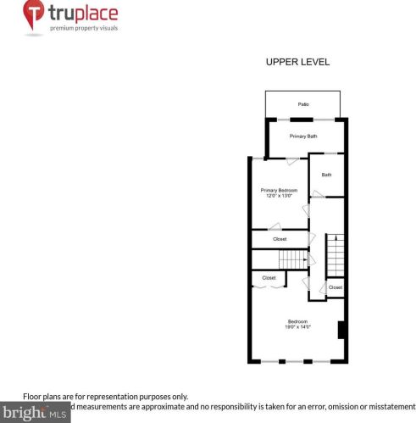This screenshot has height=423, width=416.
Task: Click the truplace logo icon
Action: (x=33, y=18)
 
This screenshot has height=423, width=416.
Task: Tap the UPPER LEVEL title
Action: (x=297, y=62)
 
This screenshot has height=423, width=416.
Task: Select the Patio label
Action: (x=303, y=104)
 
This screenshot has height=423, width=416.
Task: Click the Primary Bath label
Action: (x=302, y=136)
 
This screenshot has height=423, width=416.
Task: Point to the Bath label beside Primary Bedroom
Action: (x=326, y=175)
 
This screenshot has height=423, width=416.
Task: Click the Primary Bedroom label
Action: (x=279, y=190)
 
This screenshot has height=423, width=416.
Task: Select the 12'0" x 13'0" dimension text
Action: (x=279, y=197)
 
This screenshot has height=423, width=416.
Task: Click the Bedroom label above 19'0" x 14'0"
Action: (x=297, y=321)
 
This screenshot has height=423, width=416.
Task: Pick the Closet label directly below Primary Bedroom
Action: (x=280, y=239)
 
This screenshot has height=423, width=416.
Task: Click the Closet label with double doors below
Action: (x=269, y=277)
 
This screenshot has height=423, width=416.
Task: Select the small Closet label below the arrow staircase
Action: (x=336, y=288)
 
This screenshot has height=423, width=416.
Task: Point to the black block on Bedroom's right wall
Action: (x=341, y=330)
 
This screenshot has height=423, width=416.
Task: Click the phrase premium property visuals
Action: (x=83, y=28)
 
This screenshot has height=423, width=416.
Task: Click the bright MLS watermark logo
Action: (x=34, y=415)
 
